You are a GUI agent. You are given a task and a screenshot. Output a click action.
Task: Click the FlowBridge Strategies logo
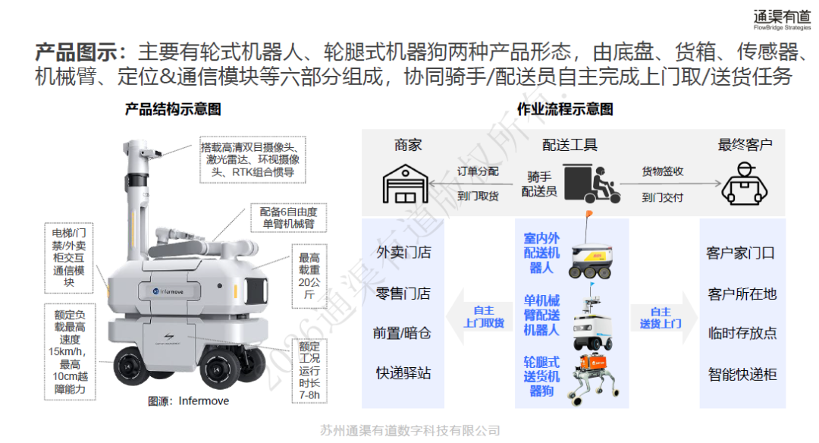tap(781, 19)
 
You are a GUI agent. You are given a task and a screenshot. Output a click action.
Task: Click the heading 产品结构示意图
tap(173, 109)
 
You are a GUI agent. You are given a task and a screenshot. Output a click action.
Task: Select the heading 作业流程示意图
tap(565, 109)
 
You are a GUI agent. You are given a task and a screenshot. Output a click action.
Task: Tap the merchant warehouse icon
tap(405, 184)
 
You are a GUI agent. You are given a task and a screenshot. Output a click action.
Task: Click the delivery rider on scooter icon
tap(591, 184)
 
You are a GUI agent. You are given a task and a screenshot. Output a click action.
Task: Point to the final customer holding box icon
tap(745, 184)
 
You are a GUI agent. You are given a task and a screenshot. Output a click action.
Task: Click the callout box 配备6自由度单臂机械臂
tap(289, 218)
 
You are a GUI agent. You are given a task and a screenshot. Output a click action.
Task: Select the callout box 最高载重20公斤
tap(309, 276)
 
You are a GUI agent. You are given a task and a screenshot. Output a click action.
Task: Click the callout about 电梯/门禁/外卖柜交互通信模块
tap(69, 258)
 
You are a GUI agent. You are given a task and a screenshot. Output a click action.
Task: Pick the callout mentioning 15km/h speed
tap(70, 351)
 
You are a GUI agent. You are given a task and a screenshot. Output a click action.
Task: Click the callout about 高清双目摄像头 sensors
tap(253, 160)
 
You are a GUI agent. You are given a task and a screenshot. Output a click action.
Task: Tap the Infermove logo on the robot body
tap(168, 291)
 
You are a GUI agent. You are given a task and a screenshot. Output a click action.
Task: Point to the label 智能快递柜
tap(742, 374)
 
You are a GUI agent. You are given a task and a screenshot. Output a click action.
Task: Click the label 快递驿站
tap(403, 373)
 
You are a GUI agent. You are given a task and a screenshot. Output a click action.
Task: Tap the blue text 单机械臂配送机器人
tap(541, 316)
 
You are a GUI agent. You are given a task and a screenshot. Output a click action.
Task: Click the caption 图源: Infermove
tap(189, 401)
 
